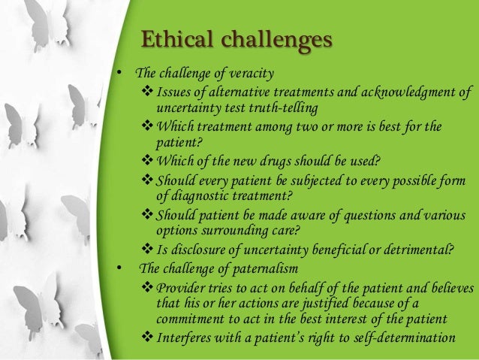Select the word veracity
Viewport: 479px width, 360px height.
[x=250, y=74]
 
